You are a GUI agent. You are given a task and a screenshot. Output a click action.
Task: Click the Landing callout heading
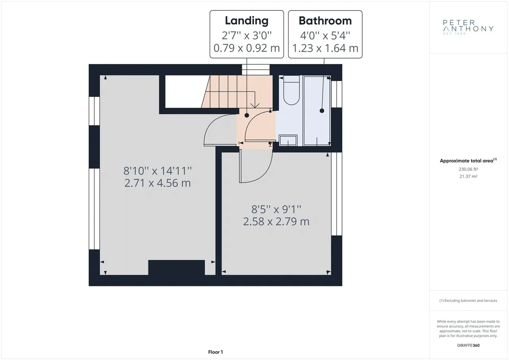(x=247, y=21)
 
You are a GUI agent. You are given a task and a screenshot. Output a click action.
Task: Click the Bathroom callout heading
(x=325, y=21)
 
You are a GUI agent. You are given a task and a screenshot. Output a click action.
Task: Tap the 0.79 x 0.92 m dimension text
(x=247, y=48)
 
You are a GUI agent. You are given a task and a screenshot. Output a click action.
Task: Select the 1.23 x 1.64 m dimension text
(x=325, y=48)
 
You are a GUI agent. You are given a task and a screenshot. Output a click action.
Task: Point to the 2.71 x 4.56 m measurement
(x=157, y=183)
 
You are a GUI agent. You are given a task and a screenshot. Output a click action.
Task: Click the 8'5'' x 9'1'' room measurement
(x=276, y=209)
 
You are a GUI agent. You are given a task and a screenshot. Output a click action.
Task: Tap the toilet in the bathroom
(x=291, y=90)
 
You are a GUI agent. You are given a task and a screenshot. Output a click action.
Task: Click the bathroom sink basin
(x=288, y=140)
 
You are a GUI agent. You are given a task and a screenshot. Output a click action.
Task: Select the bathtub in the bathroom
(x=317, y=111)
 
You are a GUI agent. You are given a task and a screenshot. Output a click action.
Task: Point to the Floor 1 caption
(x=216, y=352)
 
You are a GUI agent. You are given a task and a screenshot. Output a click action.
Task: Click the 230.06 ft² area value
(x=468, y=169)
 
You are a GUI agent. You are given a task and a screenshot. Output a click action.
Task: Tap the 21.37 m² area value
(x=468, y=176)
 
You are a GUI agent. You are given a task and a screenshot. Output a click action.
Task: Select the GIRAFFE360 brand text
(x=468, y=345)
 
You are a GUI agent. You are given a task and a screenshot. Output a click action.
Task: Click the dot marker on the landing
(x=247, y=115)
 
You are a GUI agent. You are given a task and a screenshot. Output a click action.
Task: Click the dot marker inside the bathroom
(x=322, y=111)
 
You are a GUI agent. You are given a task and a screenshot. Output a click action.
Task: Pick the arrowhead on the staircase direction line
(x=255, y=105)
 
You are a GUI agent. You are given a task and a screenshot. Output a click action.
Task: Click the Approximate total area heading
(x=468, y=160)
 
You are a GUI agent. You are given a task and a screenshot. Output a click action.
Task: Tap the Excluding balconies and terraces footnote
(x=468, y=300)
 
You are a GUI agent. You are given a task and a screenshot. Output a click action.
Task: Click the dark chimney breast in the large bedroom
(x=177, y=267)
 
